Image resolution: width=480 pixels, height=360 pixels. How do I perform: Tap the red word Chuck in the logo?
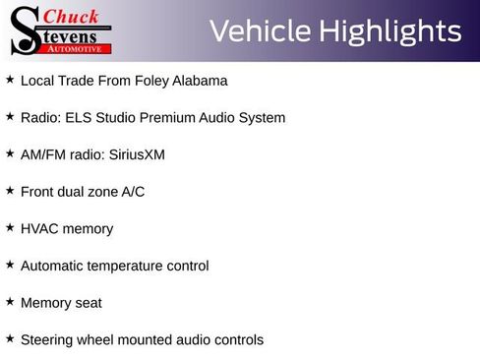[72, 16]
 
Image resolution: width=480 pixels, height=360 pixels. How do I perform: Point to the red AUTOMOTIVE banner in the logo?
[78, 48]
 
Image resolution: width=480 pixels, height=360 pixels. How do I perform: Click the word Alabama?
[200, 81]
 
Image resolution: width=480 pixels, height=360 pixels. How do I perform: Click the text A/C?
[133, 192]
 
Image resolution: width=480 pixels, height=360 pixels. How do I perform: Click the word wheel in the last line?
[97, 340]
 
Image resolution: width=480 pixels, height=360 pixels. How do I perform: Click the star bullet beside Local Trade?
[10, 80]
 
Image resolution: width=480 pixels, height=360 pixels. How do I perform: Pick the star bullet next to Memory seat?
[10, 302]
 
